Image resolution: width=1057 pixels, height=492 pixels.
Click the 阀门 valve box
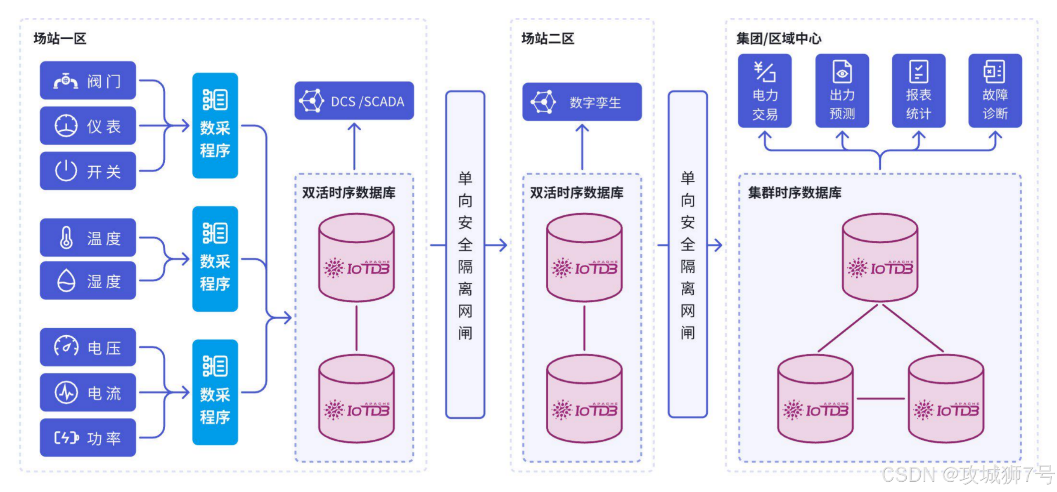tap(88, 80)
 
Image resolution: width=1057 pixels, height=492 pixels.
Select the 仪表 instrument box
tap(88, 126)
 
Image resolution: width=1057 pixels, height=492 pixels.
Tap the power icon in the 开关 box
tap(66, 171)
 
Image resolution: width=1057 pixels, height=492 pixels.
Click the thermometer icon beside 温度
tap(66, 238)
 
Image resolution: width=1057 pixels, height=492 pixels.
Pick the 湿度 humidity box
tap(88, 281)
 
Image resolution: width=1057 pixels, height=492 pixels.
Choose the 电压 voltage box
tap(88, 347)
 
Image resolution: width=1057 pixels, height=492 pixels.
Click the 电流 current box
tap(88, 393)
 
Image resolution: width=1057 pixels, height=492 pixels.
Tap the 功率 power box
tap(88, 438)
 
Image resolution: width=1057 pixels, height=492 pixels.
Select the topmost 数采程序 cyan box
tap(215, 126)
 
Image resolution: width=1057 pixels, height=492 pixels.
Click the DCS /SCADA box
tap(354, 101)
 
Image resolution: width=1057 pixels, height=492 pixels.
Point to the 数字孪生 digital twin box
tap(582, 102)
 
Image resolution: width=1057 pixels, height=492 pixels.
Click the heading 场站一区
tap(60, 39)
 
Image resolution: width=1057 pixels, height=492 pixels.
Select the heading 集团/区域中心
tap(779, 39)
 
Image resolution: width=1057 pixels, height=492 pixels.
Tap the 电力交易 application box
tap(765, 91)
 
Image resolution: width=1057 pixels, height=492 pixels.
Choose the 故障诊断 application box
tap(995, 91)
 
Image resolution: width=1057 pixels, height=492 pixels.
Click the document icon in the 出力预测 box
tap(842, 72)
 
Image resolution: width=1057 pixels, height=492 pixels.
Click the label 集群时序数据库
tap(794, 193)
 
